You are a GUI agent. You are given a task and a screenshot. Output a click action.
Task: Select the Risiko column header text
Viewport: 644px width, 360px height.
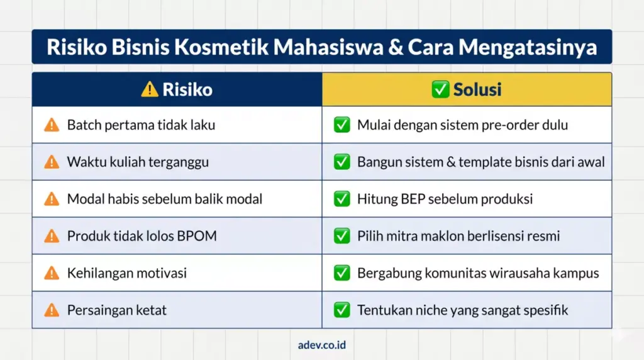coord(187,89)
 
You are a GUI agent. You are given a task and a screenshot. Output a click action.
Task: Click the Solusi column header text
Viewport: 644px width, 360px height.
coord(477,89)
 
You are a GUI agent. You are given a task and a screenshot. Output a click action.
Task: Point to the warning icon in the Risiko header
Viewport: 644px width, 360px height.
coord(150,89)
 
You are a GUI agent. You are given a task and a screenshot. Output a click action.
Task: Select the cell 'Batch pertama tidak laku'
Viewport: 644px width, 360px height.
coord(141,125)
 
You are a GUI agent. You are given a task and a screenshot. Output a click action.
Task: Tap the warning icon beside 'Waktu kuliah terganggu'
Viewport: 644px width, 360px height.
coord(52,162)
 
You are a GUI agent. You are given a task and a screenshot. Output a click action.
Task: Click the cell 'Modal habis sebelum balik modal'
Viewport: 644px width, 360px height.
coord(165,199)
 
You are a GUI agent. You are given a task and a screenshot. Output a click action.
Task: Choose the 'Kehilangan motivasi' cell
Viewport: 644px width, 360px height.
coord(127,273)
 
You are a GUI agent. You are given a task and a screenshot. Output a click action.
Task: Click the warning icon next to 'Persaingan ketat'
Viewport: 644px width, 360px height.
coord(52,310)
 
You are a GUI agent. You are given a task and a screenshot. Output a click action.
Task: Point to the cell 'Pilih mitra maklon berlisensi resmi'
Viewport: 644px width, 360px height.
coord(458,236)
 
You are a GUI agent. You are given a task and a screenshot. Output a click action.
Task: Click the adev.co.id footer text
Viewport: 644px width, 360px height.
coord(322,345)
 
